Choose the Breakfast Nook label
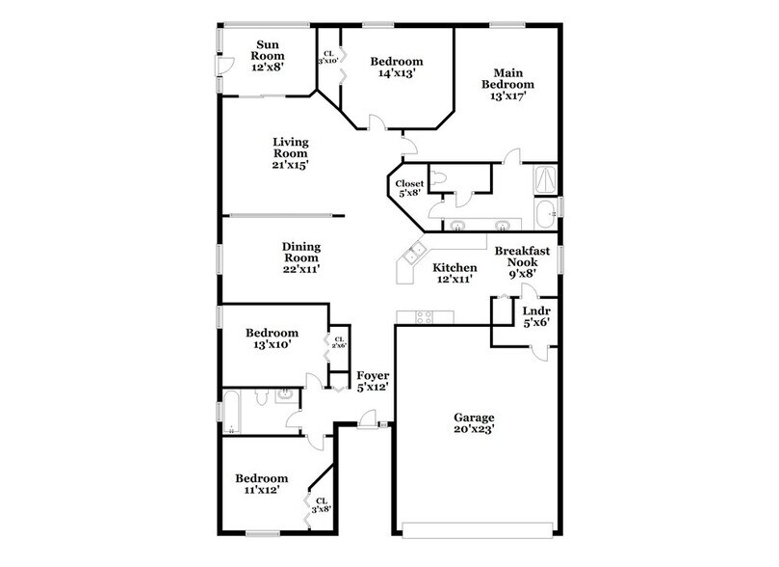pos(524,261)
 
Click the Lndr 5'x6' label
pos(535,318)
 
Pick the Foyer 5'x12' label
pos(373,382)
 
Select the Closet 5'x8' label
pos(405,189)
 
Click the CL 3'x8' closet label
pos(321,505)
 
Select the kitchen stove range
pos(425,316)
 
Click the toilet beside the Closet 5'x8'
pos(438,178)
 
